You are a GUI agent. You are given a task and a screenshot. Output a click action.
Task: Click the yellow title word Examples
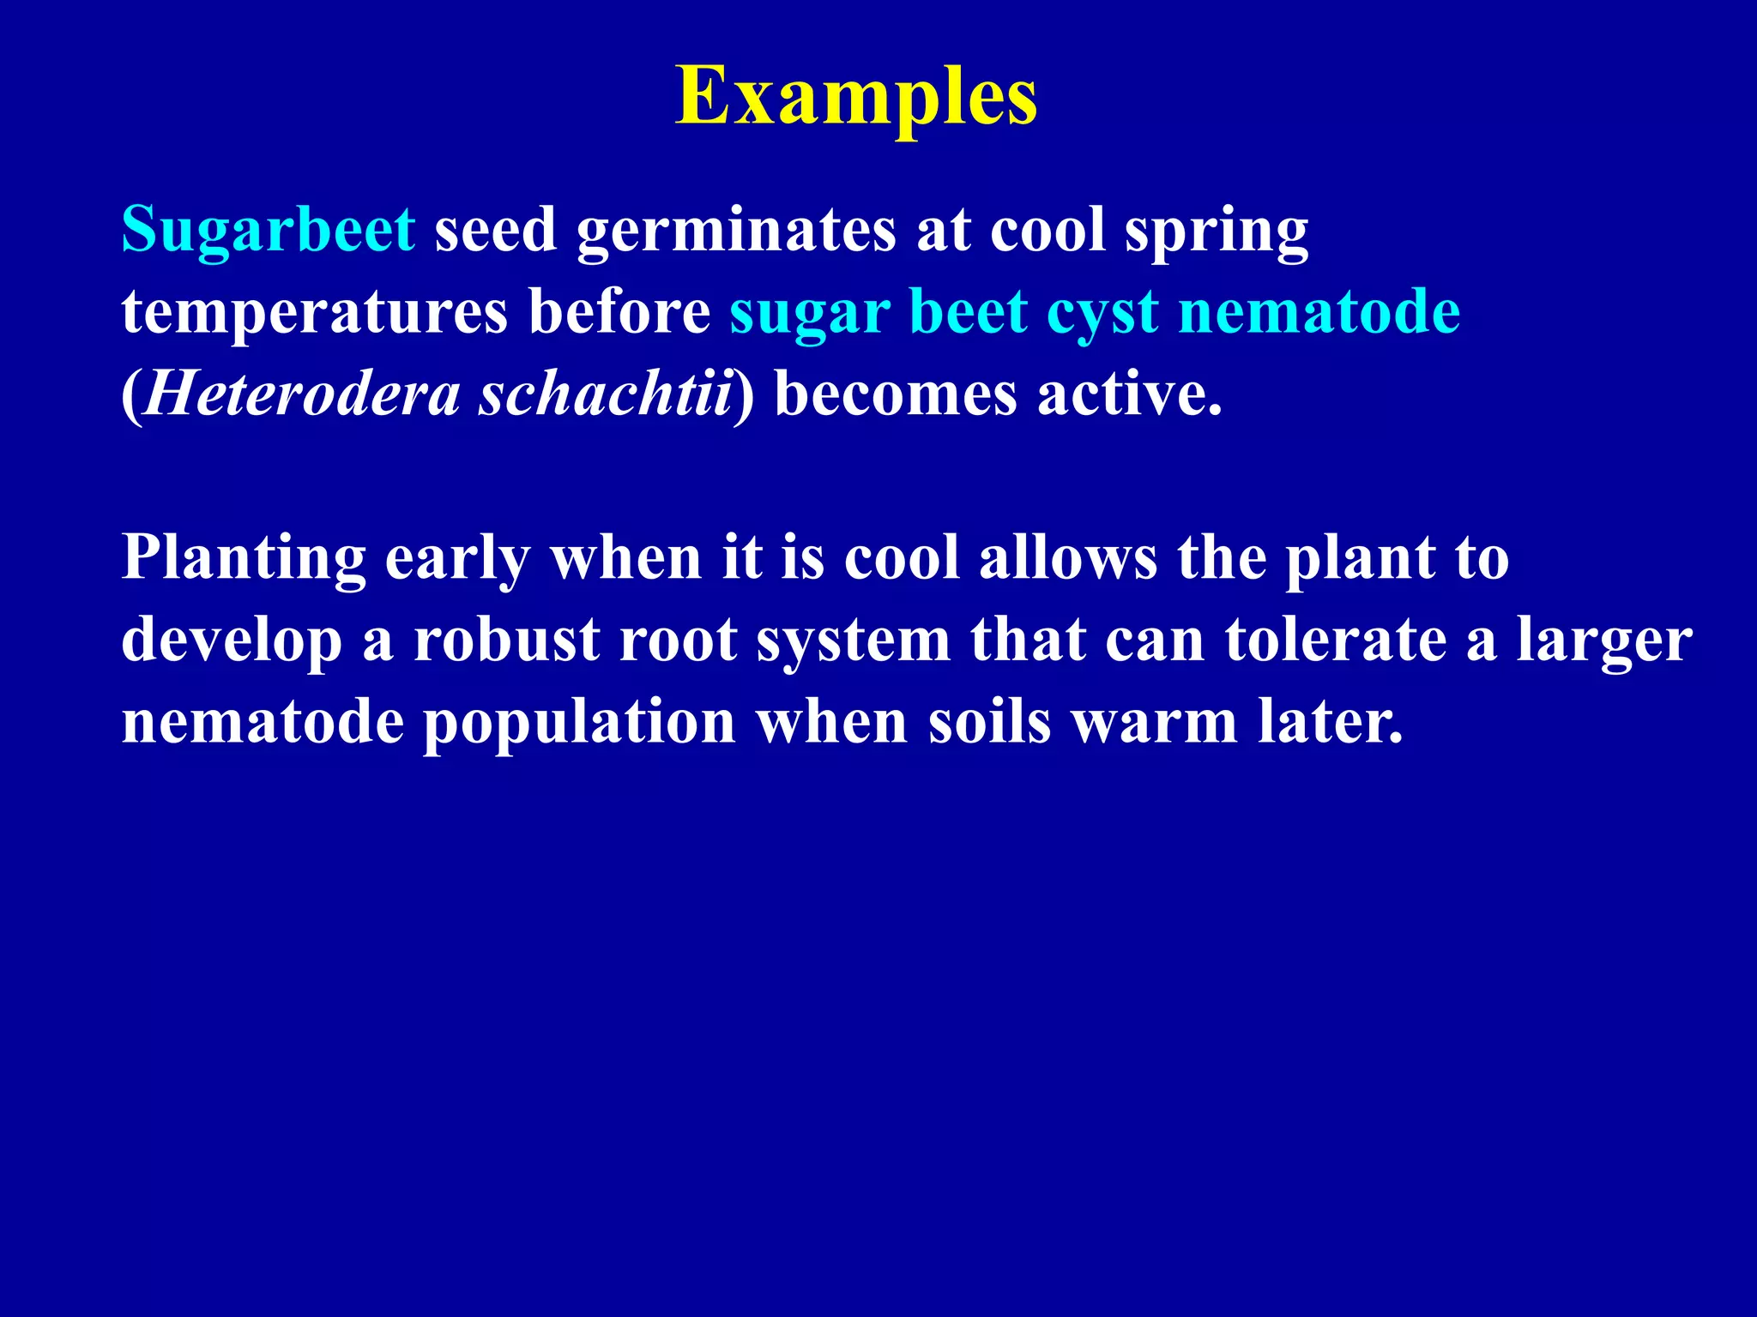(856, 98)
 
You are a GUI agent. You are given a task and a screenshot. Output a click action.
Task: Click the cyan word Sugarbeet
(269, 230)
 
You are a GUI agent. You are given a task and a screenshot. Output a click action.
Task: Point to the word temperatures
(314, 312)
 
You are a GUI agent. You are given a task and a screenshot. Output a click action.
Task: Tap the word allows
(1067, 557)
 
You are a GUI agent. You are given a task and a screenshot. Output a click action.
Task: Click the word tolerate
(1334, 640)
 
